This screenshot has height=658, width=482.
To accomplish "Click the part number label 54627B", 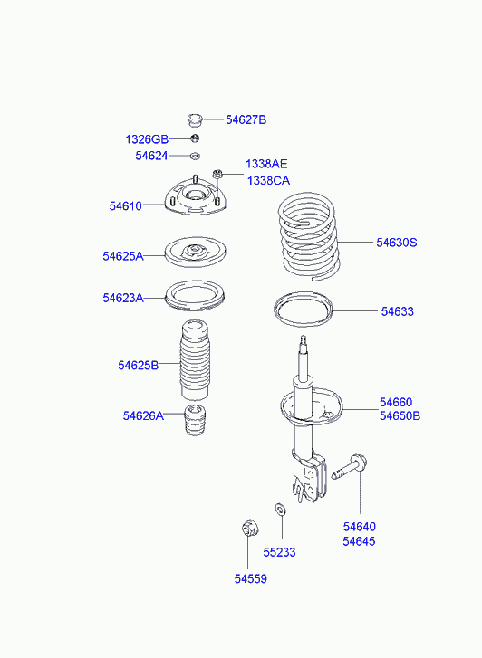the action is click(x=246, y=119).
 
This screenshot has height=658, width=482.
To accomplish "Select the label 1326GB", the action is click(x=147, y=138).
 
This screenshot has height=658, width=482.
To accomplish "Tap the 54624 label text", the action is click(x=151, y=156).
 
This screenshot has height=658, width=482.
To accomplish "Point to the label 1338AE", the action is click(x=266, y=164).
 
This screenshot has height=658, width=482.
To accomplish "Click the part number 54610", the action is click(x=126, y=206).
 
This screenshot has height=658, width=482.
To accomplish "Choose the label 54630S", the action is click(x=396, y=243).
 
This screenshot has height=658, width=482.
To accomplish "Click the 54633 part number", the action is click(x=397, y=311).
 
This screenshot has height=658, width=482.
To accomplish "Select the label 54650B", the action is click(x=400, y=415).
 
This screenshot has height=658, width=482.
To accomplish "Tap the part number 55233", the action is click(x=279, y=552).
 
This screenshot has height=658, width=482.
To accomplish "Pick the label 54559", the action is click(x=250, y=578).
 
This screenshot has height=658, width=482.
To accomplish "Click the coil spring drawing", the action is click(x=308, y=236).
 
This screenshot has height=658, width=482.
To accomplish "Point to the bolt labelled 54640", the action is click(x=348, y=468).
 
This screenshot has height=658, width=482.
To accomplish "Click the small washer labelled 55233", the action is click(x=280, y=509).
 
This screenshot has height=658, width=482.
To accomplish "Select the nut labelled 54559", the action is click(x=250, y=528).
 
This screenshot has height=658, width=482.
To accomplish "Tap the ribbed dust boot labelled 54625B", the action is click(x=195, y=359).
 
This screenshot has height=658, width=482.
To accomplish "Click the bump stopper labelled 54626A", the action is click(x=195, y=420).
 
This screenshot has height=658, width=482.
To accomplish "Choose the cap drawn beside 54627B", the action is click(x=195, y=119).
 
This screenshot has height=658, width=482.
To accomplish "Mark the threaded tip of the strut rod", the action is click(x=303, y=340).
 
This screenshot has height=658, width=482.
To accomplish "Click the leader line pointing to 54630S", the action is click(x=355, y=243).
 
